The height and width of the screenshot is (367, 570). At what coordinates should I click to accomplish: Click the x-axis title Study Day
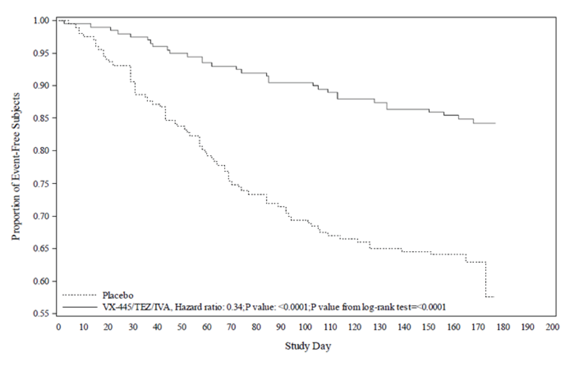coord(308,346)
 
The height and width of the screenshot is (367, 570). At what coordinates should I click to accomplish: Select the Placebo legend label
coord(118,296)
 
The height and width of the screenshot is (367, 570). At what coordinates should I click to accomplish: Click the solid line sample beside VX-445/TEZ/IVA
coord(79,307)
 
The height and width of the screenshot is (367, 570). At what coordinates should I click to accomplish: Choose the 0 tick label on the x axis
coord(58,327)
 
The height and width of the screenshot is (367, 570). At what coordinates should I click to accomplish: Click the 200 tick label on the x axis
coord(552,327)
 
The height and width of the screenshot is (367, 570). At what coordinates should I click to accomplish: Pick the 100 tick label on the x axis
coord(305,327)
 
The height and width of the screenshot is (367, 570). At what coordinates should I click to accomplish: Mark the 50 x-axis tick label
coord(182,327)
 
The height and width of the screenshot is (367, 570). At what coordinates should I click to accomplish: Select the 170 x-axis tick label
coord(478,327)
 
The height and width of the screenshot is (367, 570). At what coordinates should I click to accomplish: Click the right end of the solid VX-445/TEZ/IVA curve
coord(495,123)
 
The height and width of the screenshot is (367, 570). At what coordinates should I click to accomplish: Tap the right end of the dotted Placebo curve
coord(494,297)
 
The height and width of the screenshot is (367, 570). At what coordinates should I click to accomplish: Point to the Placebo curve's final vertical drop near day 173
coord(486,279)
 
